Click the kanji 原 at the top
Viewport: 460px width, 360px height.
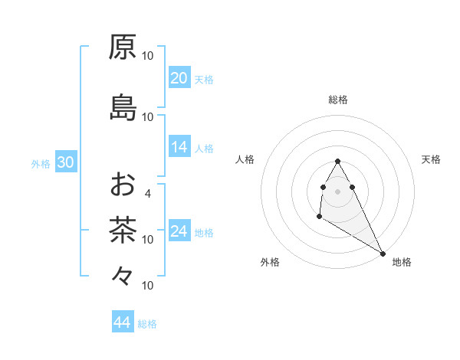click(123, 47)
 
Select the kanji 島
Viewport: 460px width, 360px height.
click(123, 108)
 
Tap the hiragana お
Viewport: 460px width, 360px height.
click(123, 185)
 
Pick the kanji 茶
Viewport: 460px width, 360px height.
click(123, 230)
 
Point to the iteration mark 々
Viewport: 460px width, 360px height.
click(123, 275)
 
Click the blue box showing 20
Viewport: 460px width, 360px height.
click(179, 78)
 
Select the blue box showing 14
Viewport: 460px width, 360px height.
click(179, 147)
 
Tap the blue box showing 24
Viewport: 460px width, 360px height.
click(179, 231)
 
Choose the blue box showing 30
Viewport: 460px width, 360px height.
click(65, 162)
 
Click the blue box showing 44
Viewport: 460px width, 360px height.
click(122, 322)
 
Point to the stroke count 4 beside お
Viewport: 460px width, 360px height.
click(148, 194)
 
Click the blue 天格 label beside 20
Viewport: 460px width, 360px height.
click(204, 79)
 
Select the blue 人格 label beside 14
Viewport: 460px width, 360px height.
click(204, 148)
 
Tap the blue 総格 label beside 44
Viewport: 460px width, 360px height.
click(147, 324)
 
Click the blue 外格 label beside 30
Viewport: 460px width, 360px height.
click(41, 163)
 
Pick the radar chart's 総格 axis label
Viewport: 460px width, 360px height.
click(338, 100)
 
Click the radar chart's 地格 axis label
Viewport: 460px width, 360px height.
click(402, 263)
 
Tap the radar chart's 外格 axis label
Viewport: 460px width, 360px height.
click(270, 263)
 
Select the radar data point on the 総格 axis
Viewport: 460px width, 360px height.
click(337, 161)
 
